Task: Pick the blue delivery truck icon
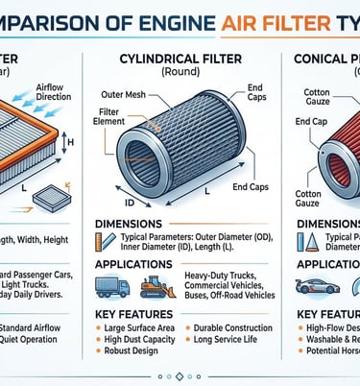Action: click(x=112, y=286)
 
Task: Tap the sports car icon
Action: click(x=317, y=285)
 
